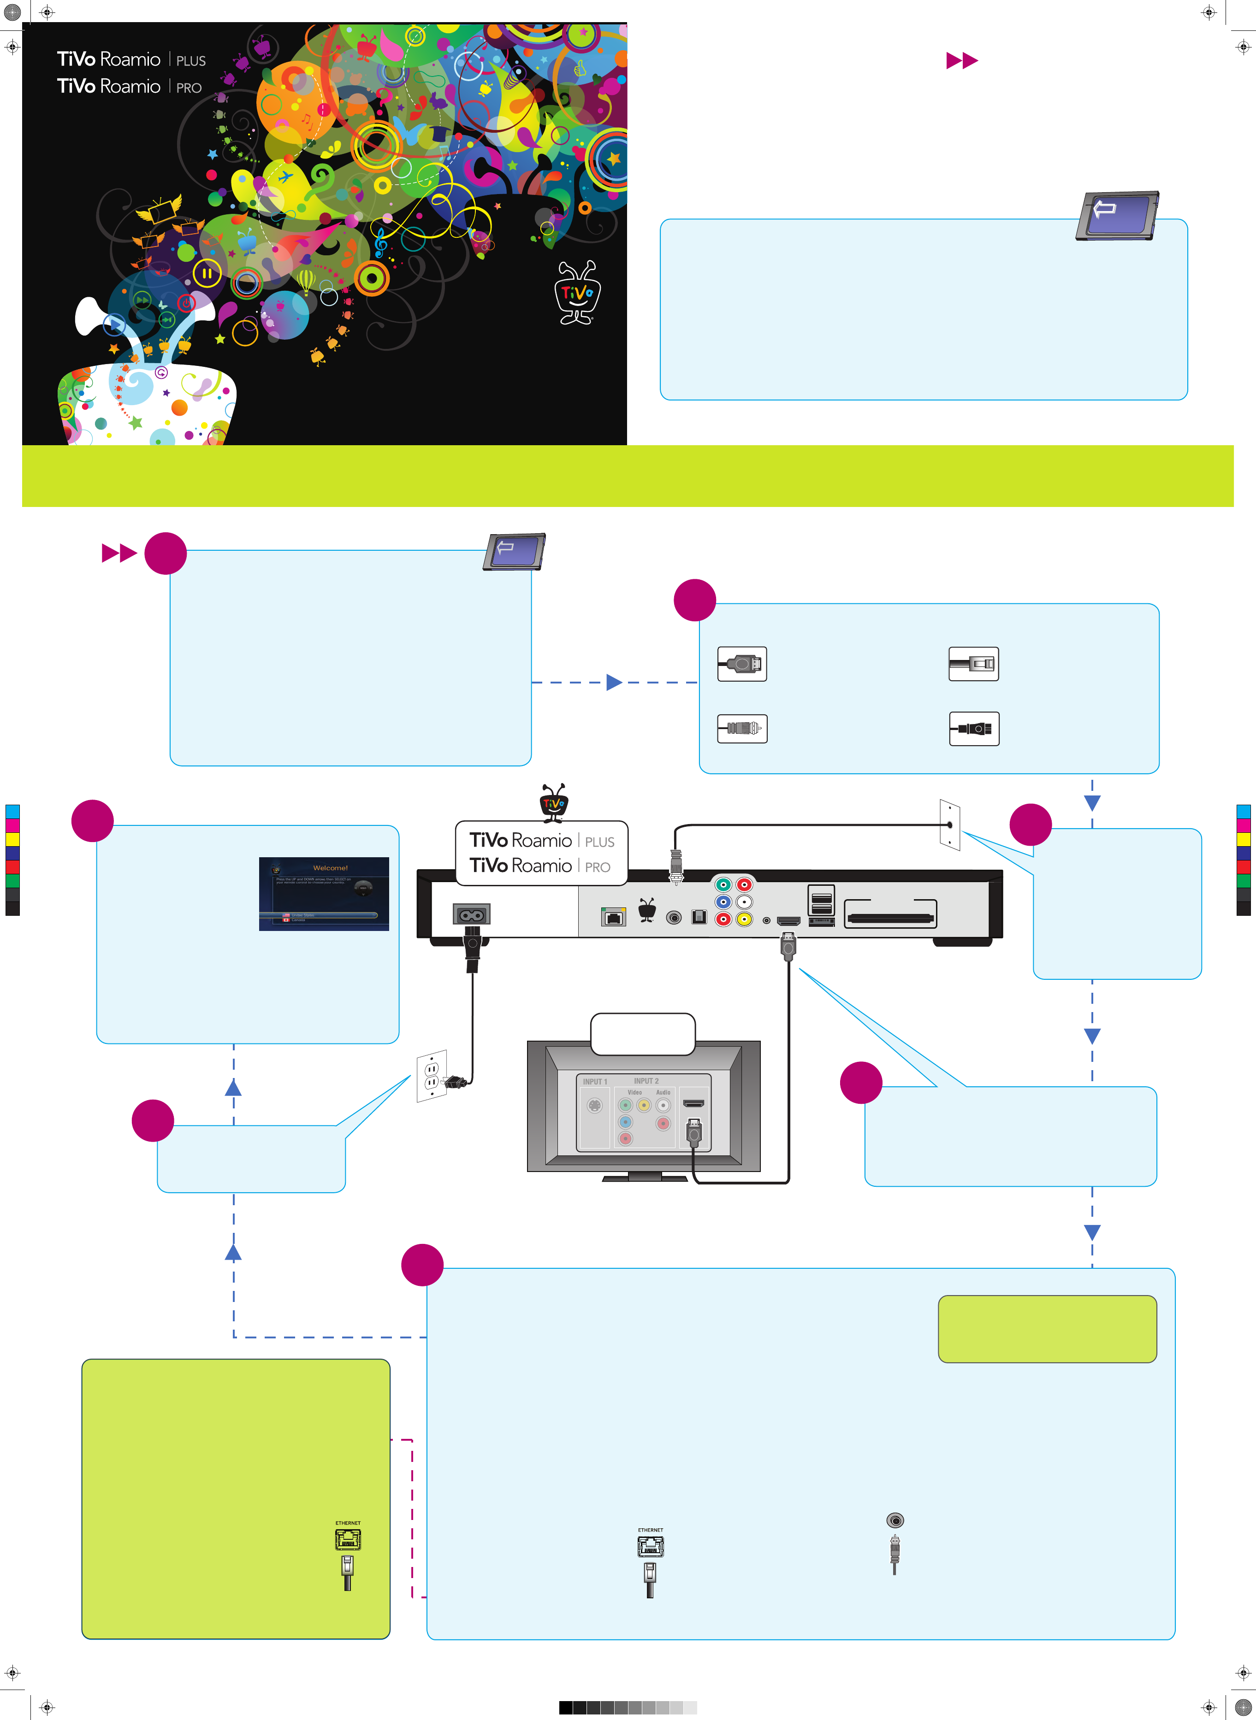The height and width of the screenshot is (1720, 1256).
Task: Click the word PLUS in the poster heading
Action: point(191,61)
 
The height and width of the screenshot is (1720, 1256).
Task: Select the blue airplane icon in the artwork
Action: point(285,177)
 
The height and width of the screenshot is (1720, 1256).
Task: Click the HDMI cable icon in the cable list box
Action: point(742,664)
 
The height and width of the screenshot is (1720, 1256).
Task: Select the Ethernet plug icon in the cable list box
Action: point(973,664)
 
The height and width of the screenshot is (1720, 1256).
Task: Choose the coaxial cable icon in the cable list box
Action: point(742,728)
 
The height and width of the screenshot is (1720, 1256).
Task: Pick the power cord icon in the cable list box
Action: point(973,728)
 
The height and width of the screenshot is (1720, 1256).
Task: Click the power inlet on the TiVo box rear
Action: point(471,914)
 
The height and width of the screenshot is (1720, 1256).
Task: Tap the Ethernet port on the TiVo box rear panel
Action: point(613,917)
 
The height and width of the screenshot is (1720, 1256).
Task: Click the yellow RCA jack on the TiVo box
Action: point(744,919)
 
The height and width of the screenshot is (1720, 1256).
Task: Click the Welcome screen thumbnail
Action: point(324,894)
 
